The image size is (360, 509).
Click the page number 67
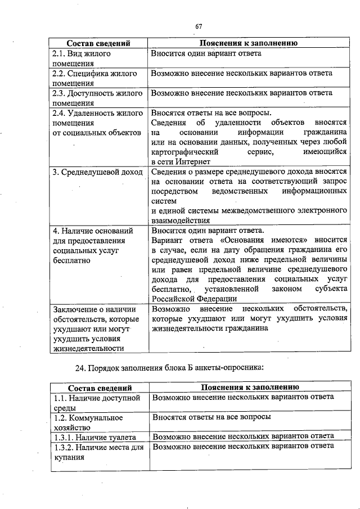pos(199,26)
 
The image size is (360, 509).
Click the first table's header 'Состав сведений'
pos(98,43)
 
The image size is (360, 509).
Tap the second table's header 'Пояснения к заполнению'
pos(250,388)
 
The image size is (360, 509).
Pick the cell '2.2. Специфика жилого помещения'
pos(94,78)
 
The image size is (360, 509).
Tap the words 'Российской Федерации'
pos(194,299)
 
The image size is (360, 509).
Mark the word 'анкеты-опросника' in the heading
pos(236,368)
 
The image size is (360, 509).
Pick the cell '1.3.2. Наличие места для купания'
pos(98,452)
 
